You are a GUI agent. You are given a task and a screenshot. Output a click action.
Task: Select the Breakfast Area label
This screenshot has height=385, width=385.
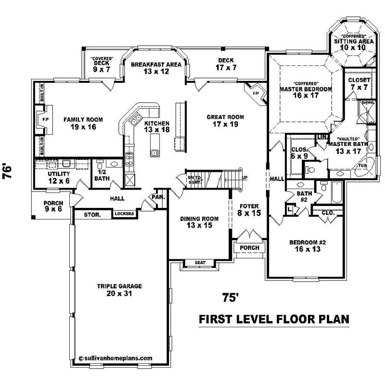149,68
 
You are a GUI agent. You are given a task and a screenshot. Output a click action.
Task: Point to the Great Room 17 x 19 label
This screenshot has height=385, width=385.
225,120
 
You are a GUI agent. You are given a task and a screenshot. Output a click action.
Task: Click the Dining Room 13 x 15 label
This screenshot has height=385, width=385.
199,222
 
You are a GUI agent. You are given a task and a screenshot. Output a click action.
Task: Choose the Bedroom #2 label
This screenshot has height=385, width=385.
308,245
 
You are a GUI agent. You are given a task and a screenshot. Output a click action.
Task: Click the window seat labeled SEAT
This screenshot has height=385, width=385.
200,263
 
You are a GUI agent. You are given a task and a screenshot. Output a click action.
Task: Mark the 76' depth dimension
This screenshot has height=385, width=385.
8,172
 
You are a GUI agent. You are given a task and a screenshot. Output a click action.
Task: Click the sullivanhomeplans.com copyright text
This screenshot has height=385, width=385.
115,358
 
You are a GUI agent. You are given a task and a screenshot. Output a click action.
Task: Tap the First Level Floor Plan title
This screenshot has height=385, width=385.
274,319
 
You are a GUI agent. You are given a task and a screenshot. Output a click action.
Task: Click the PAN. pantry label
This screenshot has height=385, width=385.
158,197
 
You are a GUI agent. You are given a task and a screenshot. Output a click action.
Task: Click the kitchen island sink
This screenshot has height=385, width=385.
154,154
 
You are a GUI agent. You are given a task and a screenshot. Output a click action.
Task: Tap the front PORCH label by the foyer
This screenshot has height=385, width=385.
249,248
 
